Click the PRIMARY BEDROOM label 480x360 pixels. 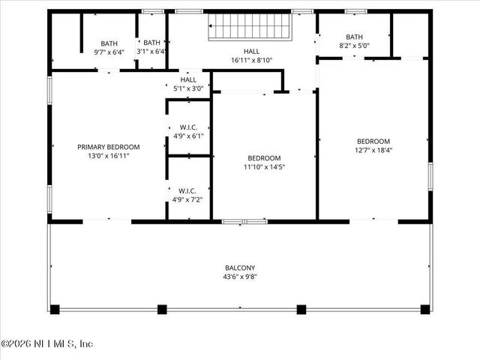pos(108,147)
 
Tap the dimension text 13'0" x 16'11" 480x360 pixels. pos(108,156)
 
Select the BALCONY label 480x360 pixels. pos(240,268)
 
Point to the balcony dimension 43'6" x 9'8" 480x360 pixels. pos(240,277)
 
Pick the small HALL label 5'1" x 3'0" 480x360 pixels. pos(188,79)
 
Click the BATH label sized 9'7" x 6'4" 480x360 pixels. pos(109,43)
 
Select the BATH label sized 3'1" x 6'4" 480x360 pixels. pos(151,43)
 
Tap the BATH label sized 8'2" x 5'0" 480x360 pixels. pos(354,37)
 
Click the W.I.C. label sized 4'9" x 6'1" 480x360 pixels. pos(188,127)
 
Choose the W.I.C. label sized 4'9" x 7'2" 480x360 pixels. pos(188,190)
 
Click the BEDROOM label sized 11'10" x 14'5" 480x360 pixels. pos(264,158)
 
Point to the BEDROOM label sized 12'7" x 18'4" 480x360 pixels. pos(373,141)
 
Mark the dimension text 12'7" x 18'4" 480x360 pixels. pos(373,150)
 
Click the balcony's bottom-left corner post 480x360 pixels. pos(54,308)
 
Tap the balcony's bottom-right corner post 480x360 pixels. pos(425,308)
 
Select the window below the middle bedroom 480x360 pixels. pos(244,221)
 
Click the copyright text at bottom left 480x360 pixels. pos(46,343)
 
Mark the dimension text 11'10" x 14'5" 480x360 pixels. pos(264,166)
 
